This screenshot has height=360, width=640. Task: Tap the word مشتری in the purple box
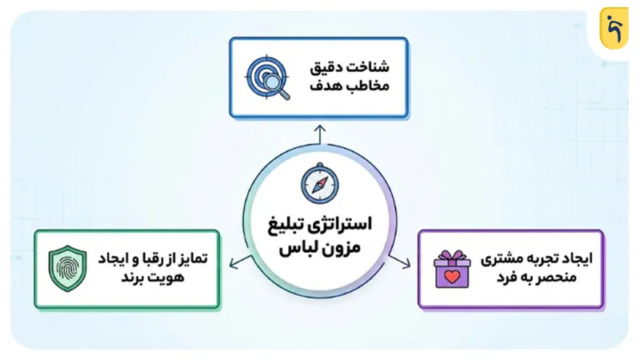coord(499,259)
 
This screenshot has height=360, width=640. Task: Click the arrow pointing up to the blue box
coord(319,132)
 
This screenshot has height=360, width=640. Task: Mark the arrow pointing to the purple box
coord(408,262)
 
